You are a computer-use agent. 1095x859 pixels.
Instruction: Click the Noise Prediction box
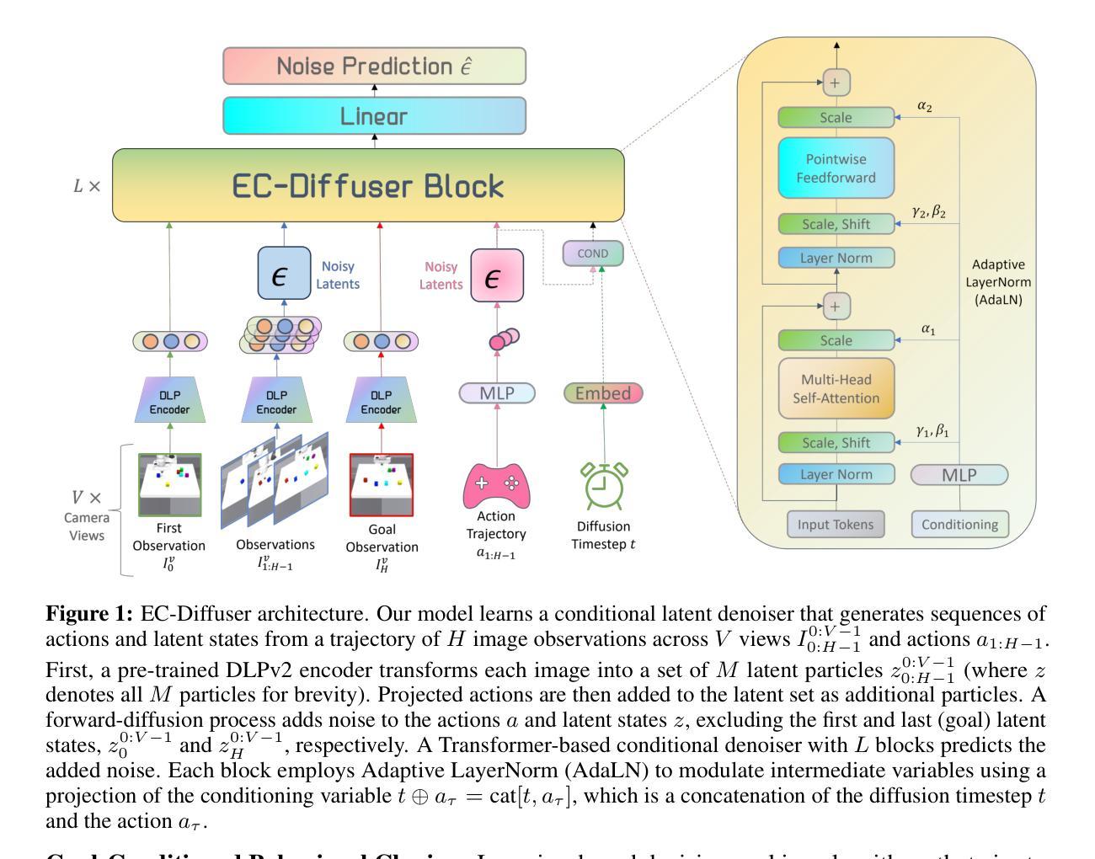(374, 66)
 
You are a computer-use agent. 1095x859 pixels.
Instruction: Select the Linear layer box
(374, 115)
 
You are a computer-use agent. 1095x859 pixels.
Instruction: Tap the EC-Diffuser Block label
(368, 186)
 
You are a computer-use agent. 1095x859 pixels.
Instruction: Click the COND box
(593, 253)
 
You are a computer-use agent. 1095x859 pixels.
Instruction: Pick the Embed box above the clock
(603, 393)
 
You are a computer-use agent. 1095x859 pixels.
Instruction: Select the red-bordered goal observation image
(382, 485)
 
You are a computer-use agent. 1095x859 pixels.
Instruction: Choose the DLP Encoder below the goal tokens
(382, 401)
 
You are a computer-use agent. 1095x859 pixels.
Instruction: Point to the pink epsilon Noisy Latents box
(497, 275)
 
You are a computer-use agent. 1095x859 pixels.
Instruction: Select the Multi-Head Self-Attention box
(836, 389)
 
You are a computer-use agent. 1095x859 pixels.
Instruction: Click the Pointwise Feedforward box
(836, 168)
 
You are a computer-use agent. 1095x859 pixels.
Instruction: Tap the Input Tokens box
(836, 524)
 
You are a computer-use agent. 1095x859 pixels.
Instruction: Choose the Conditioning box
(959, 524)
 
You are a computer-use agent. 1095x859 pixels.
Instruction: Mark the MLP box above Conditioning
(959, 475)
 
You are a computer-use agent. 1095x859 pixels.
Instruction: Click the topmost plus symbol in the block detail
(836, 83)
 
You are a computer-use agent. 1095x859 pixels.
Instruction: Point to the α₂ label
(924, 107)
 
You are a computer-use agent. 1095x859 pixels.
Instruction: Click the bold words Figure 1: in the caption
(89, 613)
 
